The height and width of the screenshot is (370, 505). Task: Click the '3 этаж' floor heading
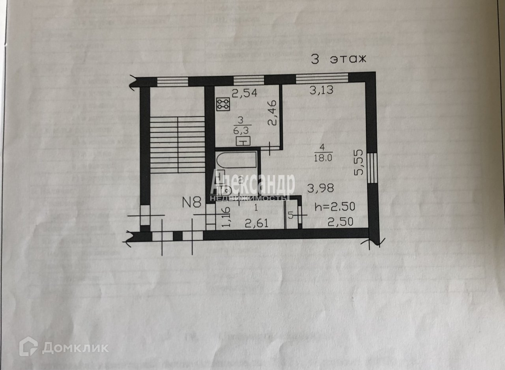(339, 60)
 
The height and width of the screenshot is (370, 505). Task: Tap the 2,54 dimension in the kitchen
(244, 93)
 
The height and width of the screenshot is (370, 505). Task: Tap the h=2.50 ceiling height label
(335, 206)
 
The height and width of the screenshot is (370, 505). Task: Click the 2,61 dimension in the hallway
(256, 224)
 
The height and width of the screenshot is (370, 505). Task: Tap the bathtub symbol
(237, 160)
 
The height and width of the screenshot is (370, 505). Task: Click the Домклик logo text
(75, 347)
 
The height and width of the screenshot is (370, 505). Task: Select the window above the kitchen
(249, 80)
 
